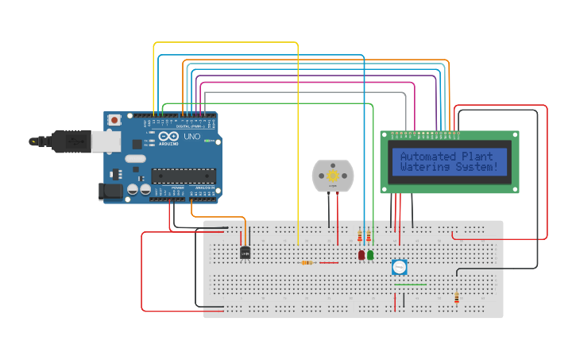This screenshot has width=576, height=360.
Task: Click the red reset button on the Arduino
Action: pos(114,120)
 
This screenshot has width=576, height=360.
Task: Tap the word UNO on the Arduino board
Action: pos(191,137)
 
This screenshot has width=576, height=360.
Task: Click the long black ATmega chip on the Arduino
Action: pos(184,175)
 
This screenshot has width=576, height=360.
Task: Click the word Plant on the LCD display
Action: pos(477,157)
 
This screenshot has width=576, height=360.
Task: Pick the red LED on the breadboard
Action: pos(361,255)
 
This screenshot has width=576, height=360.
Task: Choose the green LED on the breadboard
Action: pos(370,255)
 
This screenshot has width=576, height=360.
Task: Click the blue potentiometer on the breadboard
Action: pos(399,267)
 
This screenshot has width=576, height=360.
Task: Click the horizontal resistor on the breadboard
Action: pos(307,262)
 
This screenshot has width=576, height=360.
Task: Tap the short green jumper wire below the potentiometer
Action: pos(410,284)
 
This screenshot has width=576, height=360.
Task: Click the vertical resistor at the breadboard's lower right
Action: pos(456,298)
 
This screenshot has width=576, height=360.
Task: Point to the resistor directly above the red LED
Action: pos(361,236)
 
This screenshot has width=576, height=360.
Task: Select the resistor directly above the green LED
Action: pos(369,236)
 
